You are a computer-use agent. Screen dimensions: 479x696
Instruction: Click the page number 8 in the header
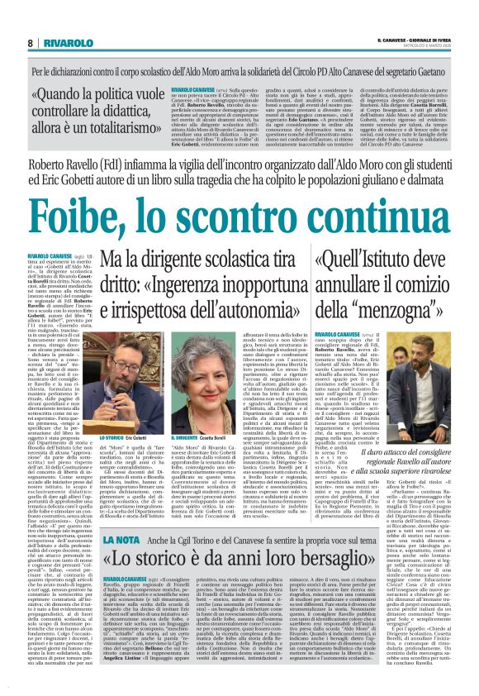click(30, 42)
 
